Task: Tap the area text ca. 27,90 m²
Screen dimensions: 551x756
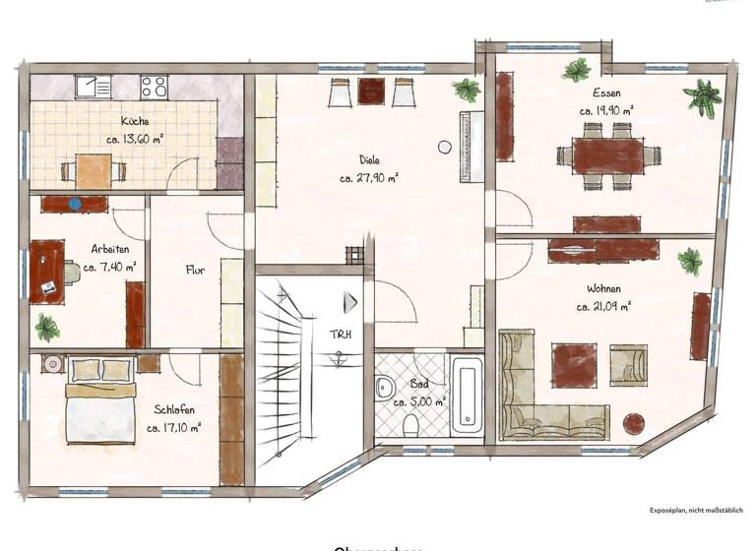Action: click(369, 178)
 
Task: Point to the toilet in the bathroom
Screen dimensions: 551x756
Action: click(411, 424)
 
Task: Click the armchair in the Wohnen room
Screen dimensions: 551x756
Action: click(628, 363)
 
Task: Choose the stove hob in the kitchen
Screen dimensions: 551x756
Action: click(155, 87)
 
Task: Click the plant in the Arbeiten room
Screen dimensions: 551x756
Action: click(46, 326)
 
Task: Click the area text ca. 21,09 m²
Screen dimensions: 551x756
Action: click(603, 306)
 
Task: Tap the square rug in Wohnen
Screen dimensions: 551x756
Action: click(572, 363)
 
